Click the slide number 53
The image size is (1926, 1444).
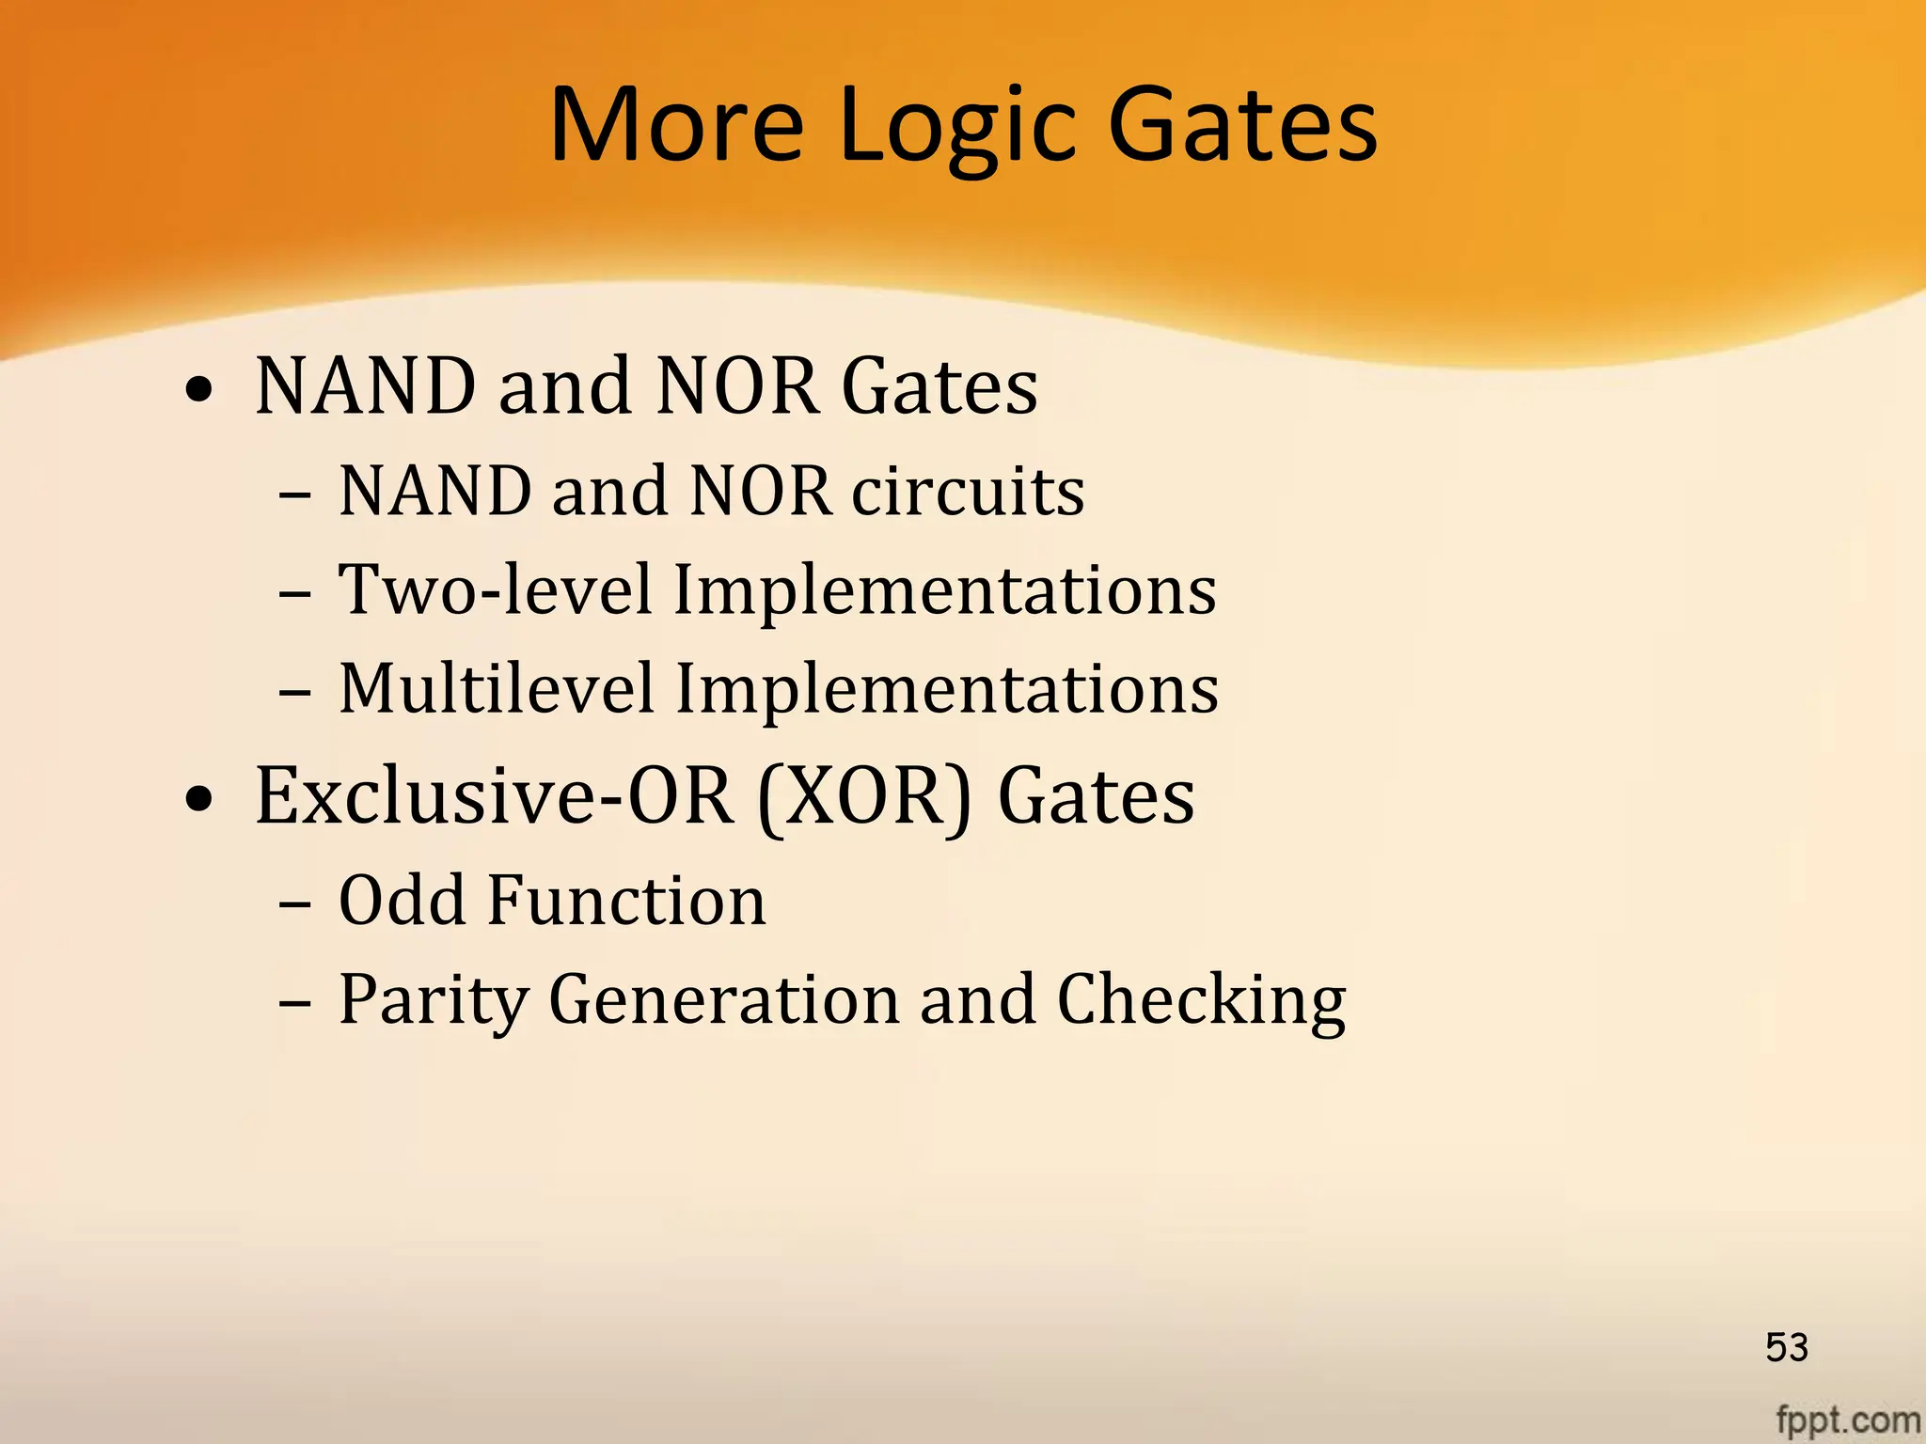1786,1347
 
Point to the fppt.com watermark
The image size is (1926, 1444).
1847,1419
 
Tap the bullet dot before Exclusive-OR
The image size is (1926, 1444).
199,799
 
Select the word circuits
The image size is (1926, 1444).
968,492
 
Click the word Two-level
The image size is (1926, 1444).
495,590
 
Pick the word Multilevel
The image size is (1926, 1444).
496,688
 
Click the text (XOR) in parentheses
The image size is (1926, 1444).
863,797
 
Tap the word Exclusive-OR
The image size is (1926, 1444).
494,795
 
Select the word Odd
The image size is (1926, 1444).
402,901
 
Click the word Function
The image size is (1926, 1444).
626,901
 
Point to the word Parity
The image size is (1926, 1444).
434,1001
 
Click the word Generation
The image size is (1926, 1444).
723,999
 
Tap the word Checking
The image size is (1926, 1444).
1201,1001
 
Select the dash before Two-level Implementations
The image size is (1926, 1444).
294,594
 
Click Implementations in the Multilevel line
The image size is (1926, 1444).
947,688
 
